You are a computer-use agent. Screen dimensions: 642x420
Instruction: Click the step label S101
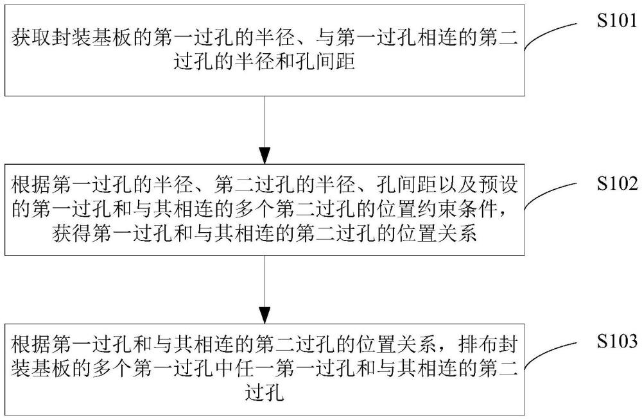click(x=616, y=20)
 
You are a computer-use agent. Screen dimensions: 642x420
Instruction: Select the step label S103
click(x=616, y=340)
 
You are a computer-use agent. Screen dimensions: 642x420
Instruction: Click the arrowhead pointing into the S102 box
click(x=265, y=156)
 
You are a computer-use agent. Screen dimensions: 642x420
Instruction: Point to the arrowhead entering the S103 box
click(x=265, y=315)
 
